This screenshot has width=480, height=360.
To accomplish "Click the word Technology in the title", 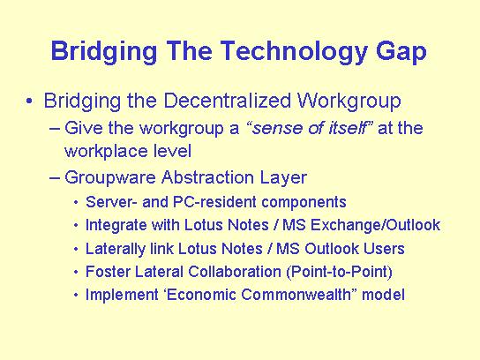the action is [x=294, y=52].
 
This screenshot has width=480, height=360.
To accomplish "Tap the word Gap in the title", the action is [x=401, y=52].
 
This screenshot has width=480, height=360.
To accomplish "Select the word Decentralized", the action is [x=227, y=101].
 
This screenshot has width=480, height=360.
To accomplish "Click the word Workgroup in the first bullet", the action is [x=349, y=101].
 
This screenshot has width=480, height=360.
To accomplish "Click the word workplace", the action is [x=107, y=152].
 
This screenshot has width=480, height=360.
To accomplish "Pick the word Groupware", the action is [x=110, y=178].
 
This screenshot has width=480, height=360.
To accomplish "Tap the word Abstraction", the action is [x=208, y=177].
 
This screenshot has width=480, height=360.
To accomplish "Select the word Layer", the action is [x=283, y=178].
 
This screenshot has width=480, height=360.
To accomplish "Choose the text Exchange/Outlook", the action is [x=375, y=225].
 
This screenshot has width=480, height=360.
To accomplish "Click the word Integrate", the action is [x=116, y=225].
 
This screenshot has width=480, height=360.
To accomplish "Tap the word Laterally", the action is [x=116, y=249].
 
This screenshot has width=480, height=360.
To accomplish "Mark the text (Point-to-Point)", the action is [x=339, y=272].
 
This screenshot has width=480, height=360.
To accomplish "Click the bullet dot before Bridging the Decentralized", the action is [x=29, y=101].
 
